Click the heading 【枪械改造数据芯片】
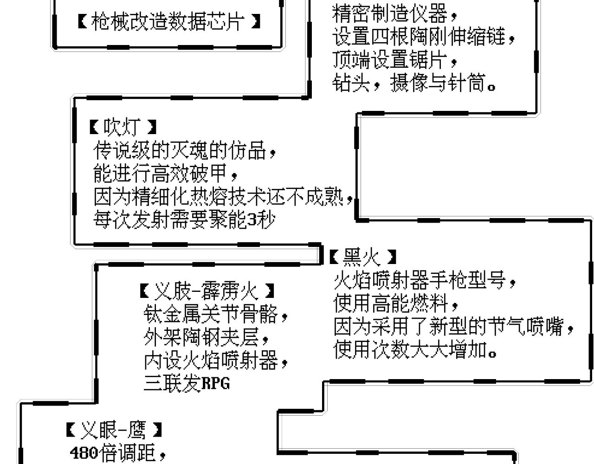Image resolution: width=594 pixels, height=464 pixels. [x=169, y=21]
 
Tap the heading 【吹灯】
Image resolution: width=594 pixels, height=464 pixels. [x=123, y=127]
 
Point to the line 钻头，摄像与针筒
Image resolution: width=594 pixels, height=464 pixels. [x=414, y=83]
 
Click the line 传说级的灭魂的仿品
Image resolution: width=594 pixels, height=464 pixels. [x=185, y=150]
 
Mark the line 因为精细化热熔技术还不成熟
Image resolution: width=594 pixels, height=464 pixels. [x=223, y=197]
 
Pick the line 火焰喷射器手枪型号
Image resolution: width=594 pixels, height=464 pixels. [x=425, y=281]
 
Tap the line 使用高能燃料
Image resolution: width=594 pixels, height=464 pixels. [x=395, y=303]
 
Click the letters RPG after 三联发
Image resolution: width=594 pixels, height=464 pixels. [x=216, y=383]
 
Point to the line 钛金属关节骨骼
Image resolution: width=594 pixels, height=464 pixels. [x=216, y=314]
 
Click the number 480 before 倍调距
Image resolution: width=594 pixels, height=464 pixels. [x=84, y=453]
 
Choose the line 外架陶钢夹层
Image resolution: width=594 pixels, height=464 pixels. [x=206, y=337]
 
